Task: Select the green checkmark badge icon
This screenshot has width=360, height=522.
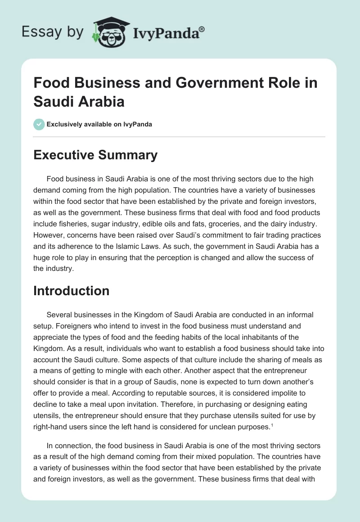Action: (39, 124)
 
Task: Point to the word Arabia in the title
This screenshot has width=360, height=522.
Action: (102, 101)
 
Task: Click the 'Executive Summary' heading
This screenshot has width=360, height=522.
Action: (95, 155)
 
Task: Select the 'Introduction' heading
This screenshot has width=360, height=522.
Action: (71, 291)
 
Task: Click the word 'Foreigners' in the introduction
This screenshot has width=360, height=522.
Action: (64, 325)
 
